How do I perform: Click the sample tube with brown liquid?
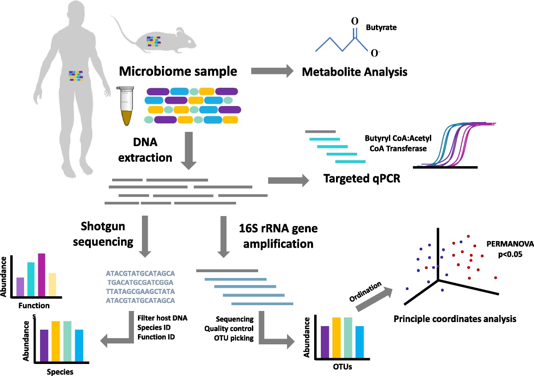pos(126,106)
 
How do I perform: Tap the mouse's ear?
pos(180,32)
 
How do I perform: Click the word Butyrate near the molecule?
pos(381,28)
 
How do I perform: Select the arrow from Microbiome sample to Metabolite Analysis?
pos(272,71)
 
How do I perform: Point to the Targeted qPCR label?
pos(362,179)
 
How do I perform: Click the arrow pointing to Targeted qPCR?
pos(288,180)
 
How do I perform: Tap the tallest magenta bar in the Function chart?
pos(41,275)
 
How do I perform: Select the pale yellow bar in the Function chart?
pos(53,285)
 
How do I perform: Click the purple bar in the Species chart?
pos(44,346)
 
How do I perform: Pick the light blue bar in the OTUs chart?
pos(360,342)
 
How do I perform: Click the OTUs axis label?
pos(342,367)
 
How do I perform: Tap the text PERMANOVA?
pos(510,244)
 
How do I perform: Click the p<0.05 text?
pos(510,254)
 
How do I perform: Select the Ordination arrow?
pos(374,299)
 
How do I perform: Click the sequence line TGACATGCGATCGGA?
pos(140,282)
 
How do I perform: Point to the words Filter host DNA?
pos(162,318)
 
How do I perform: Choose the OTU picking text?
pos(234,338)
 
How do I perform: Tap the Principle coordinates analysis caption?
pos(455,319)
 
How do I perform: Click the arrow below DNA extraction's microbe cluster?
pos(189,151)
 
